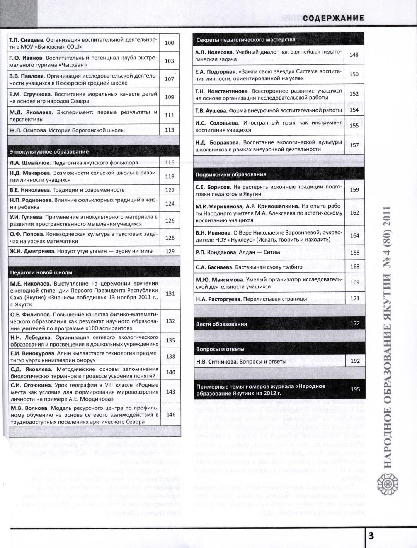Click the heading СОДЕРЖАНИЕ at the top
334,18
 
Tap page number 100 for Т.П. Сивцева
169,43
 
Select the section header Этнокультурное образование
49,152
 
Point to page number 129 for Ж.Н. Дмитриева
170,251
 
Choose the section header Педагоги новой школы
41,272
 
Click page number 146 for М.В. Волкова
170,414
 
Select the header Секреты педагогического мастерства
246,39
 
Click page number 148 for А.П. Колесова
354,54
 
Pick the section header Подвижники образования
231,174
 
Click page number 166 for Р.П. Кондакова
354,253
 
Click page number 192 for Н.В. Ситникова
355,361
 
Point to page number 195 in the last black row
355,389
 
